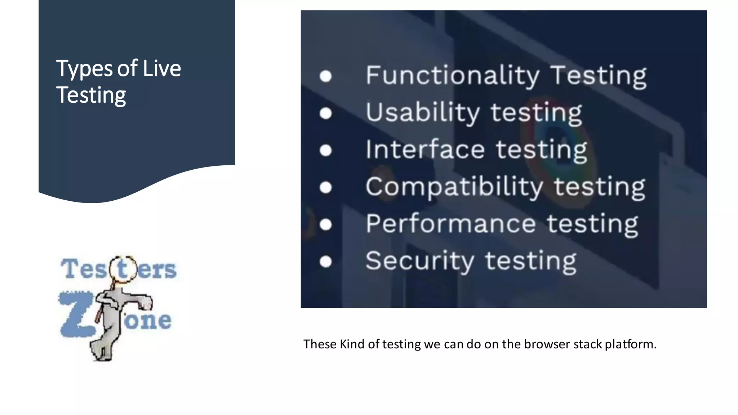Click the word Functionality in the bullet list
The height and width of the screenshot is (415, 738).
[452, 76]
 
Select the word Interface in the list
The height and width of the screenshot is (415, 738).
[425, 150]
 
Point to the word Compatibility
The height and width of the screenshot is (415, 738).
[454, 187]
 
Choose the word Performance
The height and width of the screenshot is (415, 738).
[451, 224]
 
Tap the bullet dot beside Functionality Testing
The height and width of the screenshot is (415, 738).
[325, 76]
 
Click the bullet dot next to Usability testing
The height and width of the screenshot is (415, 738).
[325, 113]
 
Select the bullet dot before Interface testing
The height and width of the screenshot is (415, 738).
[325, 150]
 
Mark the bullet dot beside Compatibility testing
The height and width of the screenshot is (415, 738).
[325, 187]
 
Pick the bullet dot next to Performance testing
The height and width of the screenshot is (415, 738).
[325, 224]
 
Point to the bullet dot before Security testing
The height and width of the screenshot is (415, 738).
[325, 262]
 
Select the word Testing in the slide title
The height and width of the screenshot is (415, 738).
[91, 95]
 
